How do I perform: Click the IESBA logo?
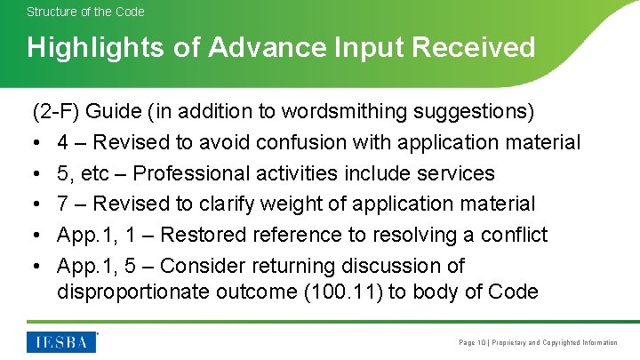pos(62,341)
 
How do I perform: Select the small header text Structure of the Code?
pos(85,12)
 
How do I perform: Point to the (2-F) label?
pos(57,111)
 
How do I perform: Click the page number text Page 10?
pos(472,342)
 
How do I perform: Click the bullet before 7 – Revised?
pos(37,204)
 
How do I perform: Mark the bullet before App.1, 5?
pos(37,267)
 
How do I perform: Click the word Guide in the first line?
pos(115,111)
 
